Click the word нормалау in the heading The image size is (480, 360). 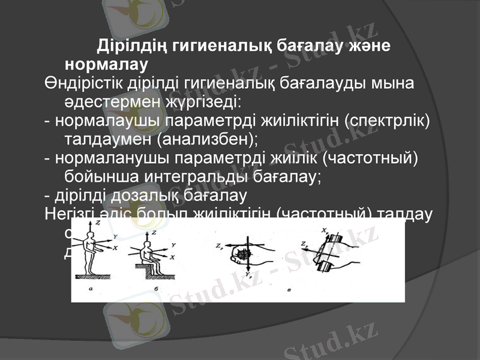tap(106, 63)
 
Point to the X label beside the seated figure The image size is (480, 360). tap(173, 256)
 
